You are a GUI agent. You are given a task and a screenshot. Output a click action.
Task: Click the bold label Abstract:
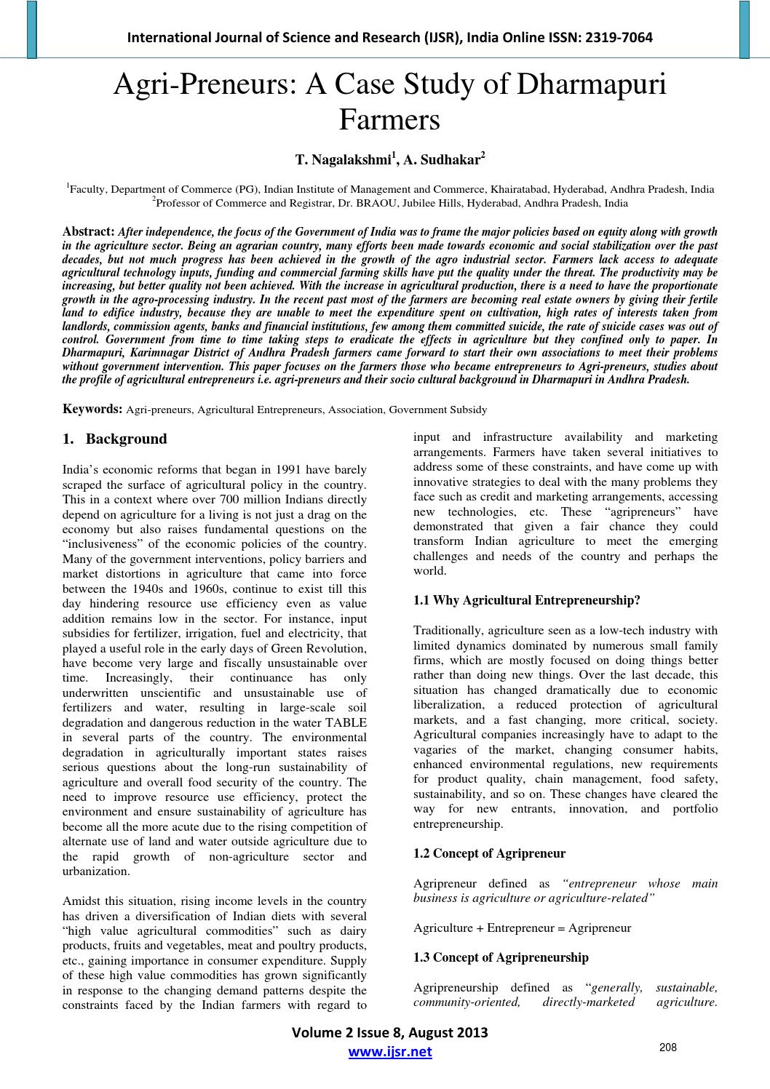(x=89, y=231)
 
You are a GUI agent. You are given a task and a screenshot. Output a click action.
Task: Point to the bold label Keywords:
(x=93, y=410)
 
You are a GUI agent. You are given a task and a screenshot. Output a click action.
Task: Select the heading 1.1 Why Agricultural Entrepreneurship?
(x=526, y=600)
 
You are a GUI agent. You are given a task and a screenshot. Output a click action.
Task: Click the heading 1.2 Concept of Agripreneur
(x=489, y=853)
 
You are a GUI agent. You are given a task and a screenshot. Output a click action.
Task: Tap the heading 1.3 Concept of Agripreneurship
(x=501, y=957)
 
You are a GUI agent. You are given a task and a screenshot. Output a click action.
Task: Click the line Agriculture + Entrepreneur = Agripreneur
(x=522, y=928)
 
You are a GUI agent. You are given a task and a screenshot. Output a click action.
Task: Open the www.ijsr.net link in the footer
(x=390, y=1052)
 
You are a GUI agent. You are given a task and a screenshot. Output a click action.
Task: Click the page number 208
(x=667, y=1048)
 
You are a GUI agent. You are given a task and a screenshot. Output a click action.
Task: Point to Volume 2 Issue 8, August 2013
(x=389, y=1033)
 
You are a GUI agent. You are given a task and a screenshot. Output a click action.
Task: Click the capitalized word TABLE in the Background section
(x=346, y=722)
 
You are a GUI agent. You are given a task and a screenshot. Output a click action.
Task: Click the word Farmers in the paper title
(x=389, y=119)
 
